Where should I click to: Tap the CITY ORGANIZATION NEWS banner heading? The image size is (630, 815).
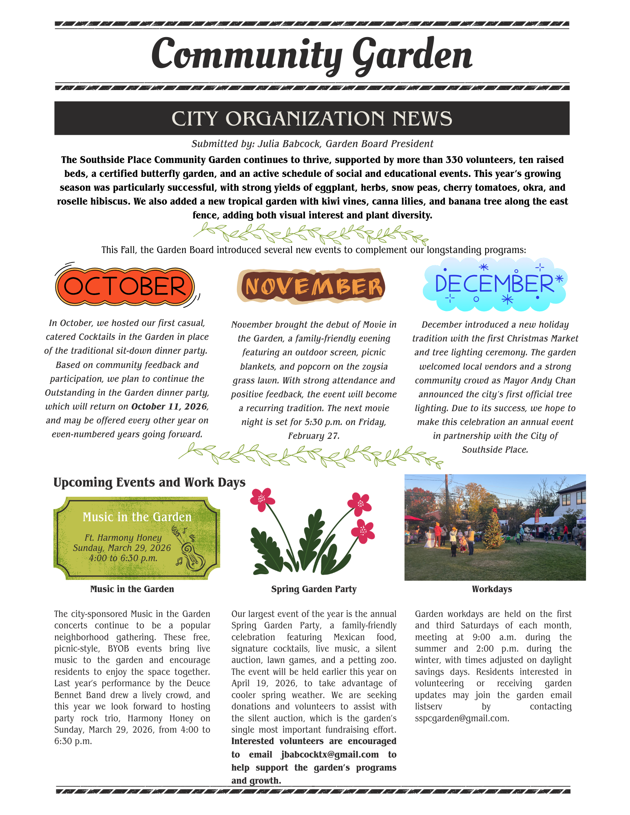coord(312,119)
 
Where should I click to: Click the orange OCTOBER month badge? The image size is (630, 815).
coord(125,286)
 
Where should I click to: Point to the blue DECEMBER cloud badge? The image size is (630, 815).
coord(495,284)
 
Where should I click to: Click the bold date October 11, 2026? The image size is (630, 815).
coord(170,407)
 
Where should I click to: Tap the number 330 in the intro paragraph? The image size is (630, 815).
coord(455,160)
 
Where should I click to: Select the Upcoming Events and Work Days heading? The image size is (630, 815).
coord(149,482)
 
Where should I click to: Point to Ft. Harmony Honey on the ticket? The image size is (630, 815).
coord(123,538)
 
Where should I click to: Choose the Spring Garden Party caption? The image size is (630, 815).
coord(314,589)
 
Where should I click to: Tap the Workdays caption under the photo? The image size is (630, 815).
coord(492,589)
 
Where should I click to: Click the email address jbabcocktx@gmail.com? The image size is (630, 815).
coord(330,755)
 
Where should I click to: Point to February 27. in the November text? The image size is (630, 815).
coord(314,436)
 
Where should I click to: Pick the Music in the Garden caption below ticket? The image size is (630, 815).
coord(132,589)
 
